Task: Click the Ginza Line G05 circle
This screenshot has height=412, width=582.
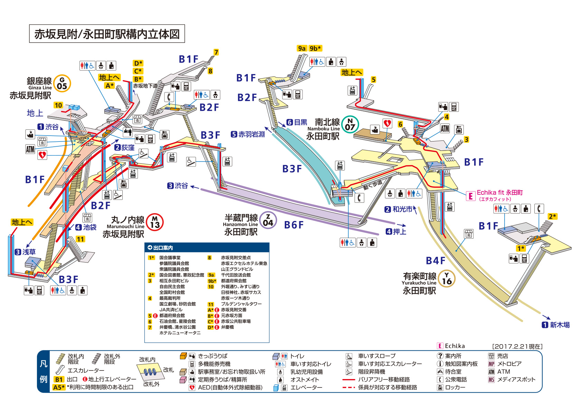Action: (62, 83)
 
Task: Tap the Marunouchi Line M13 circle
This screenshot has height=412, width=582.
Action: (155, 222)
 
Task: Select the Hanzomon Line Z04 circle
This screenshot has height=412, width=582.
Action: (268, 220)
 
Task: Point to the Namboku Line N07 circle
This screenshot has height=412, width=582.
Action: (350, 124)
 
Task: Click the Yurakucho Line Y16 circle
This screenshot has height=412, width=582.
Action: (447, 278)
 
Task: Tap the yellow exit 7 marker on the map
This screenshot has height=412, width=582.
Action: (216, 52)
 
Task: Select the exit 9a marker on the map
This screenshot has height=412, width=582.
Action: (302, 48)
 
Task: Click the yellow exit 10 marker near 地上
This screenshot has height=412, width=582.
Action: (58, 105)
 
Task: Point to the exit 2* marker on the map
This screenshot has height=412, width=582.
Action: (552, 217)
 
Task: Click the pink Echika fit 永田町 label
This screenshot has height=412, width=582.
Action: (500, 192)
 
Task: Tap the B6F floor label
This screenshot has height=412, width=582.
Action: (294, 225)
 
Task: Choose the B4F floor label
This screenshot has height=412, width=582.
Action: (436, 260)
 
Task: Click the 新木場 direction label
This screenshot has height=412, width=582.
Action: (560, 325)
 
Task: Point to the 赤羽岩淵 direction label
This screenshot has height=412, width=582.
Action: (252, 134)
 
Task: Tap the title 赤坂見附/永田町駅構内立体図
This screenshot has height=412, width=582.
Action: (107, 34)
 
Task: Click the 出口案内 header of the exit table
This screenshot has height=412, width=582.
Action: (163, 248)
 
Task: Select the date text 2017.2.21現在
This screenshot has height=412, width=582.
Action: (517, 347)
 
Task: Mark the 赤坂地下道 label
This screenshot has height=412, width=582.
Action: (145, 86)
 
